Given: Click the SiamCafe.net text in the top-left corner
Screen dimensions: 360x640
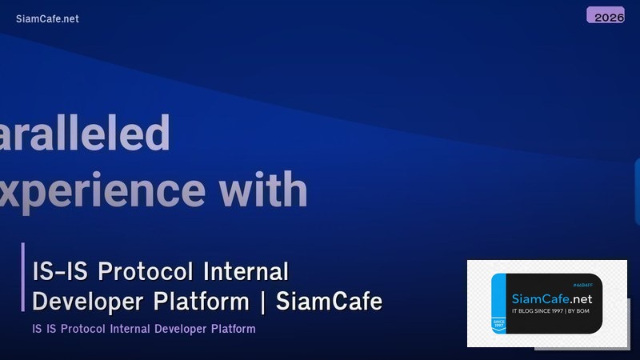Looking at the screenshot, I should coord(47,18).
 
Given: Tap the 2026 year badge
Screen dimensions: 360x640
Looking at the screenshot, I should coord(606,15).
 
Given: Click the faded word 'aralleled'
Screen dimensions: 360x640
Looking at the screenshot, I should coord(84,133).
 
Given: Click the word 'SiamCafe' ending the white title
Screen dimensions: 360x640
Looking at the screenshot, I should coord(329,302).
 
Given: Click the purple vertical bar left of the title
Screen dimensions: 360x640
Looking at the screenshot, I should coord(23,277).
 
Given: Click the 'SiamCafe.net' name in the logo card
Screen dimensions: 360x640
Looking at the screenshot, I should coord(551,299).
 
